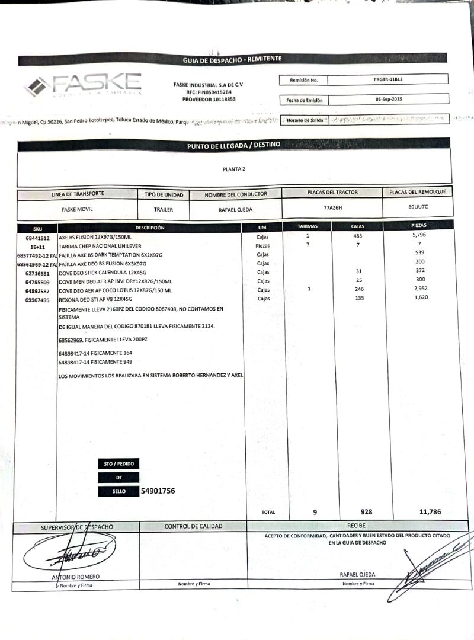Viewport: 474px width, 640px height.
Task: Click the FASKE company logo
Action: coord(82,86)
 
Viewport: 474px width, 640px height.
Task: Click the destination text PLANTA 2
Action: coord(234,169)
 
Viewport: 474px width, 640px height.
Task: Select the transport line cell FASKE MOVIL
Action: coord(77,209)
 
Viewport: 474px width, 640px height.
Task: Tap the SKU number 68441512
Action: coord(37,238)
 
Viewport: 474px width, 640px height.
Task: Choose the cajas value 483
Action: coord(357,236)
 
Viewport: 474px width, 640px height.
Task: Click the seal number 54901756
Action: coord(158,491)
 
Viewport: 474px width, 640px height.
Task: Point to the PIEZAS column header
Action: coord(418,226)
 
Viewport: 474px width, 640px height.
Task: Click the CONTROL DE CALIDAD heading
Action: coord(193,526)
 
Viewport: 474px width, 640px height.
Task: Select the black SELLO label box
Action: coord(119,491)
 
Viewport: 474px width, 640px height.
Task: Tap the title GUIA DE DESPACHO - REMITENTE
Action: coord(232,59)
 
